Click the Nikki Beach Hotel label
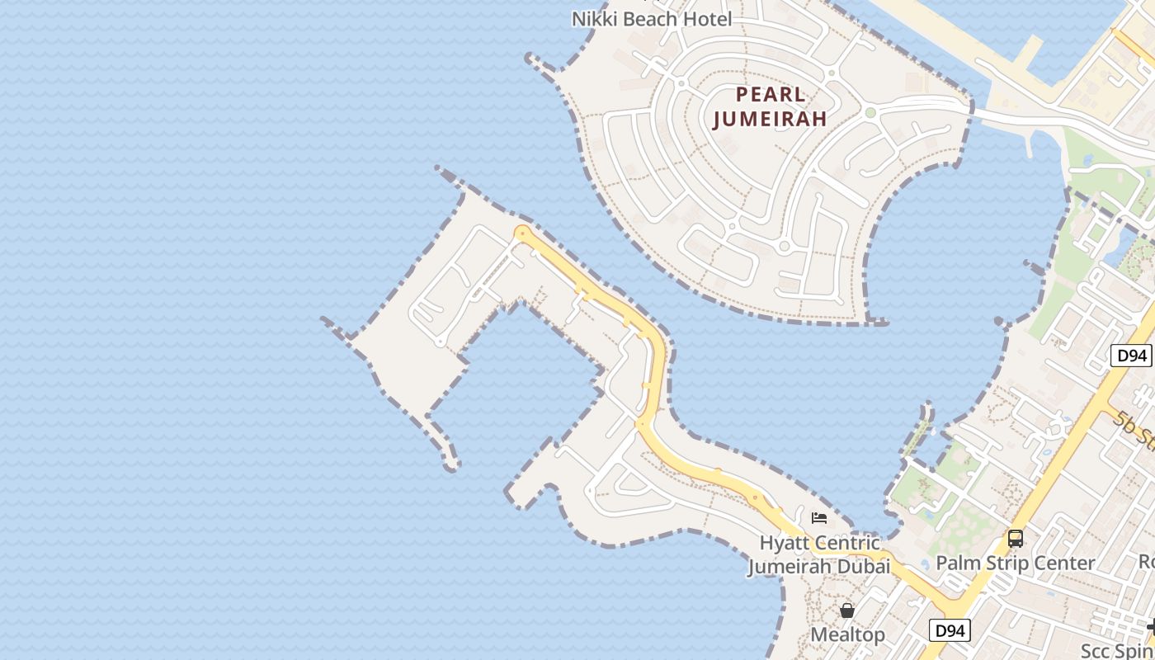pyautogui.click(x=652, y=18)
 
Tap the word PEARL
pyautogui.click(x=771, y=93)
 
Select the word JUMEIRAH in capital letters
pyautogui.click(x=769, y=119)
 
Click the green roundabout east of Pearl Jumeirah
pyautogui.click(x=870, y=112)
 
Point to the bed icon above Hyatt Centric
pyautogui.click(x=819, y=518)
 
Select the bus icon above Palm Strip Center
pyautogui.click(x=1016, y=539)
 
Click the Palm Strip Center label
pyautogui.click(x=1015, y=563)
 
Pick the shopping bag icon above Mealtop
pyautogui.click(x=847, y=610)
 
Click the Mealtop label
pyautogui.click(x=847, y=634)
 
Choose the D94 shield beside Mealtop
pyautogui.click(x=950, y=631)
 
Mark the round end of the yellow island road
pyautogui.click(x=521, y=233)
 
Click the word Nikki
pyautogui.click(x=592, y=18)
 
